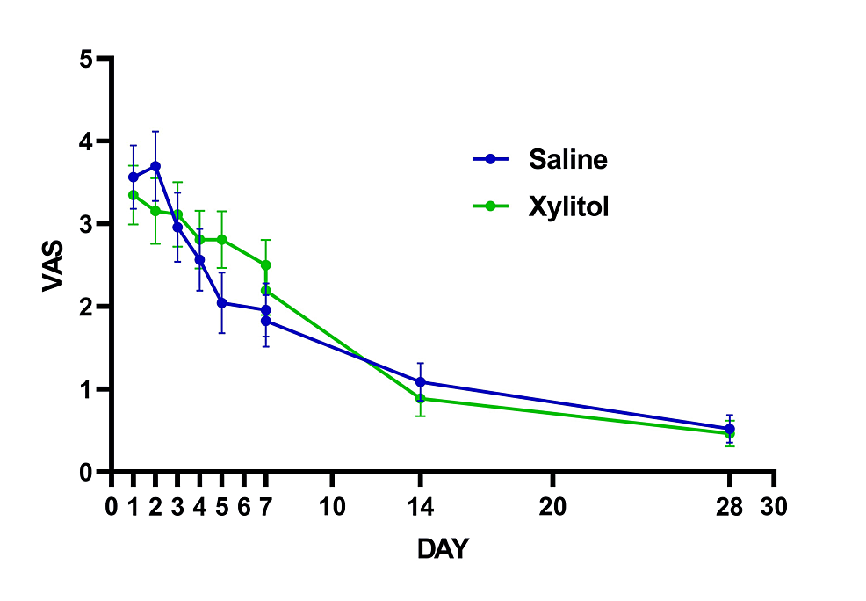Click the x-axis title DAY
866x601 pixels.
[x=443, y=550]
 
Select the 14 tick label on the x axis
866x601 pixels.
[x=420, y=507]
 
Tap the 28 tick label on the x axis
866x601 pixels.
[x=729, y=507]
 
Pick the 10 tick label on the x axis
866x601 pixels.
[x=332, y=507]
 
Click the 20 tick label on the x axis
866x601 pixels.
[x=552, y=507]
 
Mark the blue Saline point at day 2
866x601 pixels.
[x=155, y=166]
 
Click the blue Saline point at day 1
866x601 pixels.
[x=134, y=177]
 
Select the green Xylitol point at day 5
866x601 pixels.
[x=221, y=239]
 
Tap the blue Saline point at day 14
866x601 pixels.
[x=421, y=382]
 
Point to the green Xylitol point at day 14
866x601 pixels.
[x=421, y=399]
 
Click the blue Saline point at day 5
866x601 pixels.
[x=221, y=302]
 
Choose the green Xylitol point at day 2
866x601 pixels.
[x=155, y=211]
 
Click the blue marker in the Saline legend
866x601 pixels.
[x=491, y=159]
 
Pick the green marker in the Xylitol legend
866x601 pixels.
[x=491, y=206]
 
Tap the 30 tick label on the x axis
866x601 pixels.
[x=774, y=507]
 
